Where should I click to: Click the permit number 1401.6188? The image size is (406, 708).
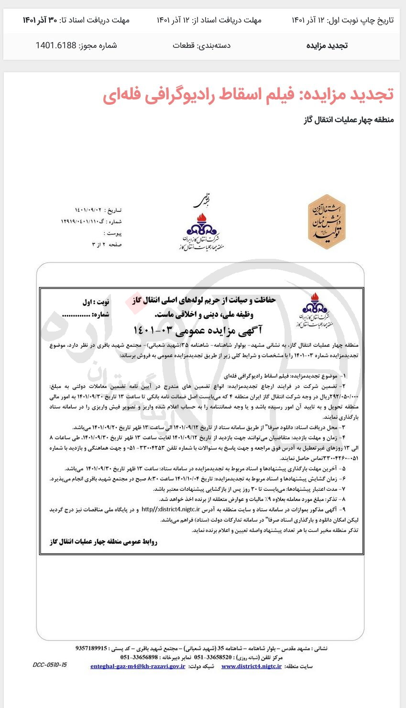(x=56, y=45)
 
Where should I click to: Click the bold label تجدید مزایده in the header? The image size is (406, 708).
(x=327, y=45)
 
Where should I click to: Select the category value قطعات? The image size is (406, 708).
(x=183, y=45)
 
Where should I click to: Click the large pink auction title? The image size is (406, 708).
(x=248, y=94)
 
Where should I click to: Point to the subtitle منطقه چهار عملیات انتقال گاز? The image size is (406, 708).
(x=349, y=120)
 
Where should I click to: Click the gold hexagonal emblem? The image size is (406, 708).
(x=327, y=221)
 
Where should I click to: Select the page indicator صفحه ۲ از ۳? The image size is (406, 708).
(x=107, y=244)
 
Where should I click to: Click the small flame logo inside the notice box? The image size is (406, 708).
(x=314, y=311)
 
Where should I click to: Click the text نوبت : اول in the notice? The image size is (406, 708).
(x=96, y=302)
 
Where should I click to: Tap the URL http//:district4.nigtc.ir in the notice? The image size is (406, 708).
(x=171, y=509)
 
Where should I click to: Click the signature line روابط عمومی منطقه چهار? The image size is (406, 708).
(x=103, y=542)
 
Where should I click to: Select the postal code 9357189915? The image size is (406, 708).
(x=91, y=648)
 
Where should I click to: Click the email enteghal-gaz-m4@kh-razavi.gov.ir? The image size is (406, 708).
(x=138, y=666)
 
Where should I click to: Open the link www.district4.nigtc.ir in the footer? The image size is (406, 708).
(x=252, y=666)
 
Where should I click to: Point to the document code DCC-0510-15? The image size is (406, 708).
(x=50, y=665)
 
